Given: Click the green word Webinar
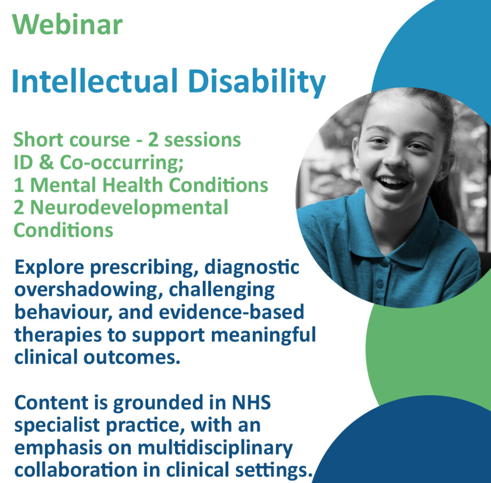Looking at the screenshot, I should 68,24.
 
